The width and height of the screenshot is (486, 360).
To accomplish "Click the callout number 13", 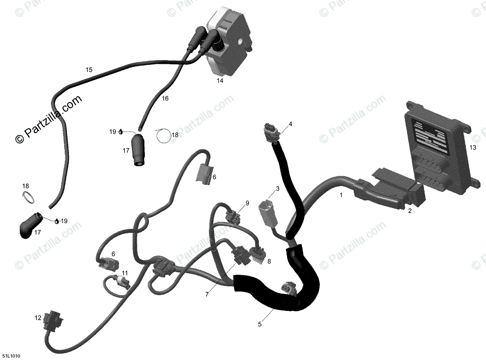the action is [472, 148].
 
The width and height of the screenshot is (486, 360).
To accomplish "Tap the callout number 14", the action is [220, 80].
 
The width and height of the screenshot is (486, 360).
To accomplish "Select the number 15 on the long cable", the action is [89, 70].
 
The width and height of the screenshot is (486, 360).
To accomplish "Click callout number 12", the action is [38, 318].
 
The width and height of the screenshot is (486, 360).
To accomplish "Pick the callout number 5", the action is [260, 324].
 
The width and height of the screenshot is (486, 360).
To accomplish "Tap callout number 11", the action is [124, 273].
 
